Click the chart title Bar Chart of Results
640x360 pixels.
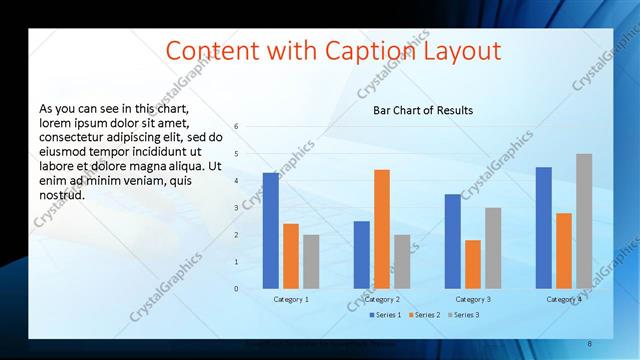[x=423, y=110]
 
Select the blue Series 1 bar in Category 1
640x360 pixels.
[x=271, y=230]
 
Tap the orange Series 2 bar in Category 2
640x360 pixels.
[x=381, y=229]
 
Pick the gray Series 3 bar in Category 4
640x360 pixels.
[x=584, y=221]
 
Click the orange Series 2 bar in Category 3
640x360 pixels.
[x=473, y=264]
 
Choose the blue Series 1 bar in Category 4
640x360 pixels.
[x=543, y=227]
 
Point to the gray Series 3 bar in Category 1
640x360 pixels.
[x=311, y=261]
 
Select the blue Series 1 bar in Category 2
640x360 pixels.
[x=361, y=254]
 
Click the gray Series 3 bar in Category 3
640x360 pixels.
[x=493, y=248]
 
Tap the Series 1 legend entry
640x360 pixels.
[x=384, y=316]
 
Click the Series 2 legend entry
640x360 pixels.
[x=423, y=316]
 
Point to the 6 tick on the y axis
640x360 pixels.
[x=237, y=127]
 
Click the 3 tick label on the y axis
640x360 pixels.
[x=237, y=208]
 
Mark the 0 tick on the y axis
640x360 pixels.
[x=237, y=289]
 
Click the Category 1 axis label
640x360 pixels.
[x=291, y=299]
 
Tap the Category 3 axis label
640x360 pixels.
[x=473, y=299]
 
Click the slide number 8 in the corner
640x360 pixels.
[x=590, y=343]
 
